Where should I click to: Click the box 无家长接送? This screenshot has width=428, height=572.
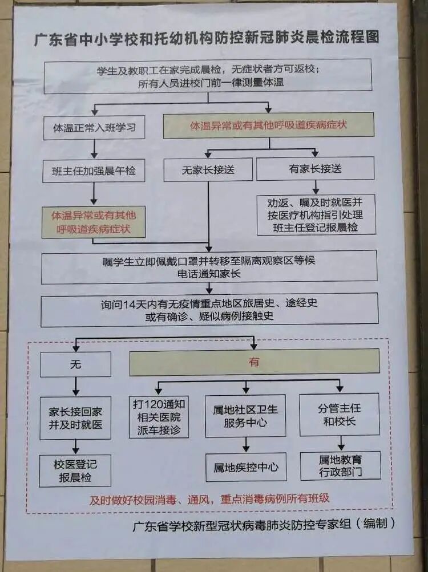(208, 169)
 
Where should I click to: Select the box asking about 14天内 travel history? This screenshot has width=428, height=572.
(209, 309)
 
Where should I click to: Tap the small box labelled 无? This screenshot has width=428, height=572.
(75, 364)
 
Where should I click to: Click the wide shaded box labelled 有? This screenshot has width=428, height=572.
(254, 362)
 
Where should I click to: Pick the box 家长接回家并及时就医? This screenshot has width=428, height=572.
(75, 418)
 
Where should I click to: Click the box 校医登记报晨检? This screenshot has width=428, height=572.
(75, 470)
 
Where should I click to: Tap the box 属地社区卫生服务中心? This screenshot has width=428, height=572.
(245, 416)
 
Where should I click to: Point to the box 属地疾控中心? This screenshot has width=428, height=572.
(245, 467)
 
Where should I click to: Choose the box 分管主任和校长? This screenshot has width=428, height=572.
(339, 415)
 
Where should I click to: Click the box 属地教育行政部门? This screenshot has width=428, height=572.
(340, 465)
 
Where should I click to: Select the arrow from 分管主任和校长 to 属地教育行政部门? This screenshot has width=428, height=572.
(341, 443)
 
